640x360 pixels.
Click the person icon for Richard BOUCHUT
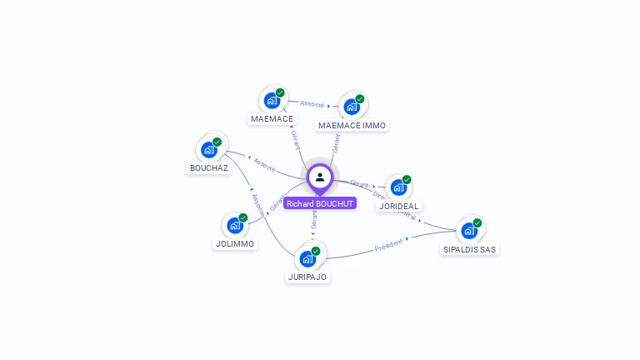coord(320,177)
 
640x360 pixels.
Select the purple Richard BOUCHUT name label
coord(320,203)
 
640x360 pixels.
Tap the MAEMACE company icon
coord(271,101)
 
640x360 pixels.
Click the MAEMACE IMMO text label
coord(352,126)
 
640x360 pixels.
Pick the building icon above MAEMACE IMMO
coord(351,107)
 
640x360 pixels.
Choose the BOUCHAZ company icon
coord(208,150)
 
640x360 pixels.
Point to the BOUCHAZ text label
coord(208,167)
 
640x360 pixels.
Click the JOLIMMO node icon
coord(234,226)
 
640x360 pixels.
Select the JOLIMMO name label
coord(235,244)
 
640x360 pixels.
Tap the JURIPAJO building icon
coord(307,258)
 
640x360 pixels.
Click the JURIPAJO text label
coord(307,277)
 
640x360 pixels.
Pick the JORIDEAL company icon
coord(398,187)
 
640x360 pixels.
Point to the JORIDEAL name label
coord(399,206)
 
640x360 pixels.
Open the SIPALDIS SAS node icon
coord(469,231)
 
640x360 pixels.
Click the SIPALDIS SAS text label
coord(470,249)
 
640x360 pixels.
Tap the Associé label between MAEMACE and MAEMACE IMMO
coord(312,104)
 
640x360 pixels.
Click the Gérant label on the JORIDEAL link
coord(359,183)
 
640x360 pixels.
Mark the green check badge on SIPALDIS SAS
coord(477,222)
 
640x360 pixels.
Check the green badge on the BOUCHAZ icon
coord(217,142)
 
